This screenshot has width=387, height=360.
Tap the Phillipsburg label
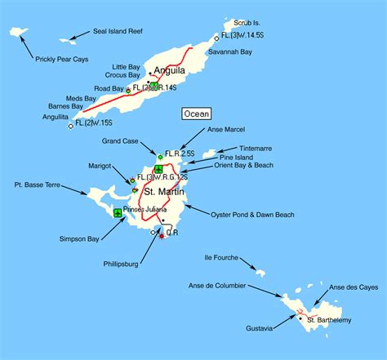(119, 264)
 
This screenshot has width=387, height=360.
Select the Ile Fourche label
(221, 257)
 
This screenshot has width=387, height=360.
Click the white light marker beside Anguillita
(71, 126)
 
